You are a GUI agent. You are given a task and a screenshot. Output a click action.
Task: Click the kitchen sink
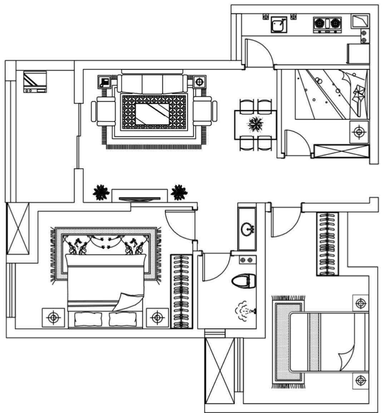pos(279,24)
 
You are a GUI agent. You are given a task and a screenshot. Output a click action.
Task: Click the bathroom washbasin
pos(247,228)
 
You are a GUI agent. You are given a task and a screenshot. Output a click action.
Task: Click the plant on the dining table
pos(256,124)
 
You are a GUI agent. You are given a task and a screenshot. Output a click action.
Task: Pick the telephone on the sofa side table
pos(105,82)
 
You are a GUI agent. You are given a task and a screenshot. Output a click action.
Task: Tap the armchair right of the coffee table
pos(205,112)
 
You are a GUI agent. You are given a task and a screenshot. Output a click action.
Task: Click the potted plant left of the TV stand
pos(101,193)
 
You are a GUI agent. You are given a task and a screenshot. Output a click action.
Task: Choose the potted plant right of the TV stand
pos(179,193)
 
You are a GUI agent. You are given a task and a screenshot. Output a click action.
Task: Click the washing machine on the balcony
pos(35,82)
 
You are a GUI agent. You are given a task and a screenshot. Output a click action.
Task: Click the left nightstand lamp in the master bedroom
pos(54,317)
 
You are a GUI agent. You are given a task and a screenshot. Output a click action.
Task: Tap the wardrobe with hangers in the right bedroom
pos(327,244)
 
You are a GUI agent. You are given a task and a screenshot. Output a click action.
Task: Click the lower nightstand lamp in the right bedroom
pos(360,381)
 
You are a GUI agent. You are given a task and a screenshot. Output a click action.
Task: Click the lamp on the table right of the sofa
pos(199,82)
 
